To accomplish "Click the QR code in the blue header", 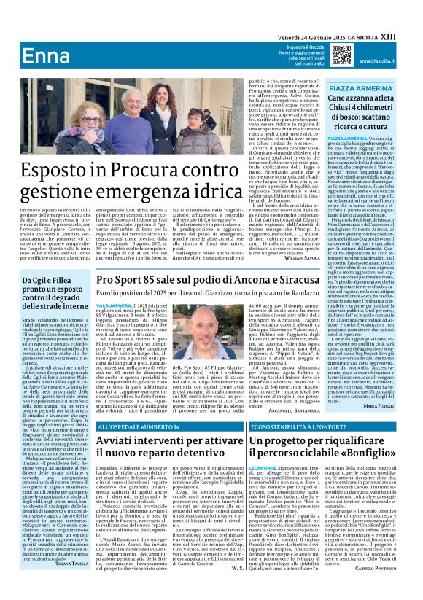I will (x=342, y=55).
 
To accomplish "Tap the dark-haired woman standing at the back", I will (x=161, y=109).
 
